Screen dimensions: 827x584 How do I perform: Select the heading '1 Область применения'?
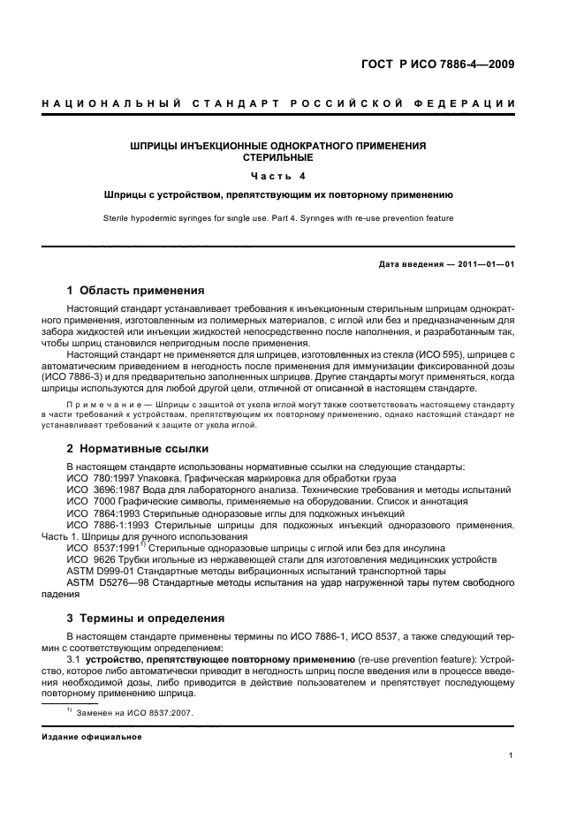coord(136,290)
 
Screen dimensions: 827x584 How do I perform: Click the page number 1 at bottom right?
coord(512,755)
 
